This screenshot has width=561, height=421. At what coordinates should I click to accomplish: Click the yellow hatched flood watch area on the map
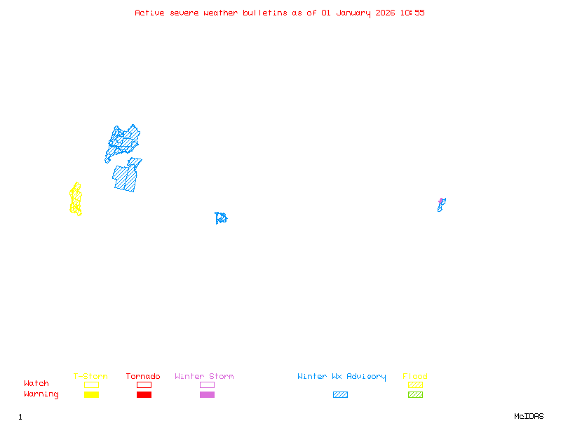coord(76,199)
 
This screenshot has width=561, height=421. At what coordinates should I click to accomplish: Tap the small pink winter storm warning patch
coord(441,201)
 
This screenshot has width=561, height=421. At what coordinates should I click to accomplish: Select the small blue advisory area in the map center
coord(221,218)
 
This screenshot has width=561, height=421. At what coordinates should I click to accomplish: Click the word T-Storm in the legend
coord(90,377)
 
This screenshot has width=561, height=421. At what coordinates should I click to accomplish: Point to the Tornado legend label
coord(143,377)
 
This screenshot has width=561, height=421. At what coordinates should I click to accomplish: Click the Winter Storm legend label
coord(204,377)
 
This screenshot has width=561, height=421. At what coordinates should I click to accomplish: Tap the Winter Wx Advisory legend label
coord(342,377)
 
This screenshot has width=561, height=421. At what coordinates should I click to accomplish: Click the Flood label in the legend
coord(415,377)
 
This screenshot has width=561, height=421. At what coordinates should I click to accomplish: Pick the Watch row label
coord(36,384)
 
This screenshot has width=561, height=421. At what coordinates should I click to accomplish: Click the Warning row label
coord(41,394)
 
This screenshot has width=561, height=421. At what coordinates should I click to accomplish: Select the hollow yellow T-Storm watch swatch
coord(91,385)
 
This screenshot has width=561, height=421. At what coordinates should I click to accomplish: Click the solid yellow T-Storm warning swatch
coord(91,394)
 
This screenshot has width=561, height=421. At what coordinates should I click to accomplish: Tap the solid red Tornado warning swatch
coord(144,394)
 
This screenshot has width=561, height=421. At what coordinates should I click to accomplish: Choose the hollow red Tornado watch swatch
coord(144,385)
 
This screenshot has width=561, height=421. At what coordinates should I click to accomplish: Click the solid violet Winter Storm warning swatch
coord(207,394)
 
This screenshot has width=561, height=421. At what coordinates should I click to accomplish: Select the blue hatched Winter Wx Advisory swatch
coord(340,394)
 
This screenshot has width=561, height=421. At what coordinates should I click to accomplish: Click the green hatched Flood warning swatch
coord(415,394)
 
